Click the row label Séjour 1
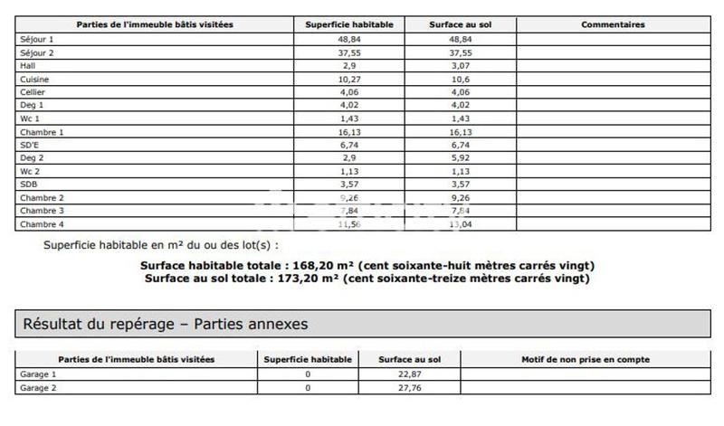point(37,40)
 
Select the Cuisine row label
point(35,80)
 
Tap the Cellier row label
point(34,92)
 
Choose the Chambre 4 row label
point(42,223)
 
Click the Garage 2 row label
point(37,387)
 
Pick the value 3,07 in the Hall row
point(461,66)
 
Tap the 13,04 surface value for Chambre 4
point(461,223)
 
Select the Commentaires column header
point(612,24)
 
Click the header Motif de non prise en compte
point(585,359)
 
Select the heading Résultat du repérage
point(165,323)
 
